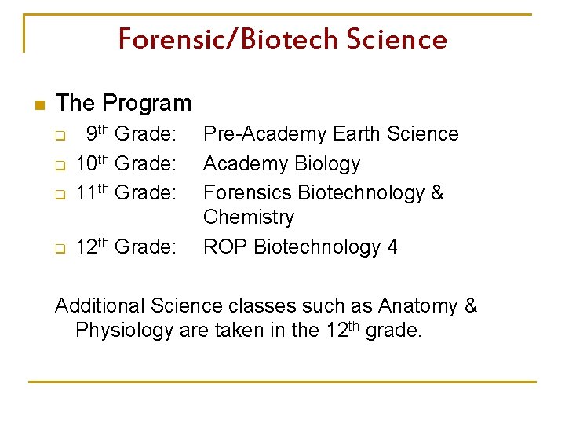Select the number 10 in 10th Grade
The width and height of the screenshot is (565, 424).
(x=85, y=164)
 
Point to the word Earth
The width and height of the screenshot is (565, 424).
(x=356, y=134)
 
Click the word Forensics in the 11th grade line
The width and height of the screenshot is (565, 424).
(x=246, y=193)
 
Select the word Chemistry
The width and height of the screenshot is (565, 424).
(x=248, y=217)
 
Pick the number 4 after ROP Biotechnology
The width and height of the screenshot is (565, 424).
(x=392, y=247)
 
